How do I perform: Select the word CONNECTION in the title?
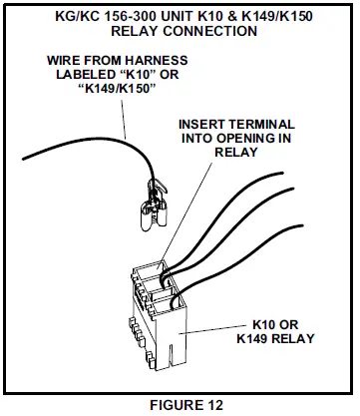click(x=208, y=30)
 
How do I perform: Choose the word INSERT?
click(x=205, y=125)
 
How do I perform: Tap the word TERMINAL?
click(x=262, y=125)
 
